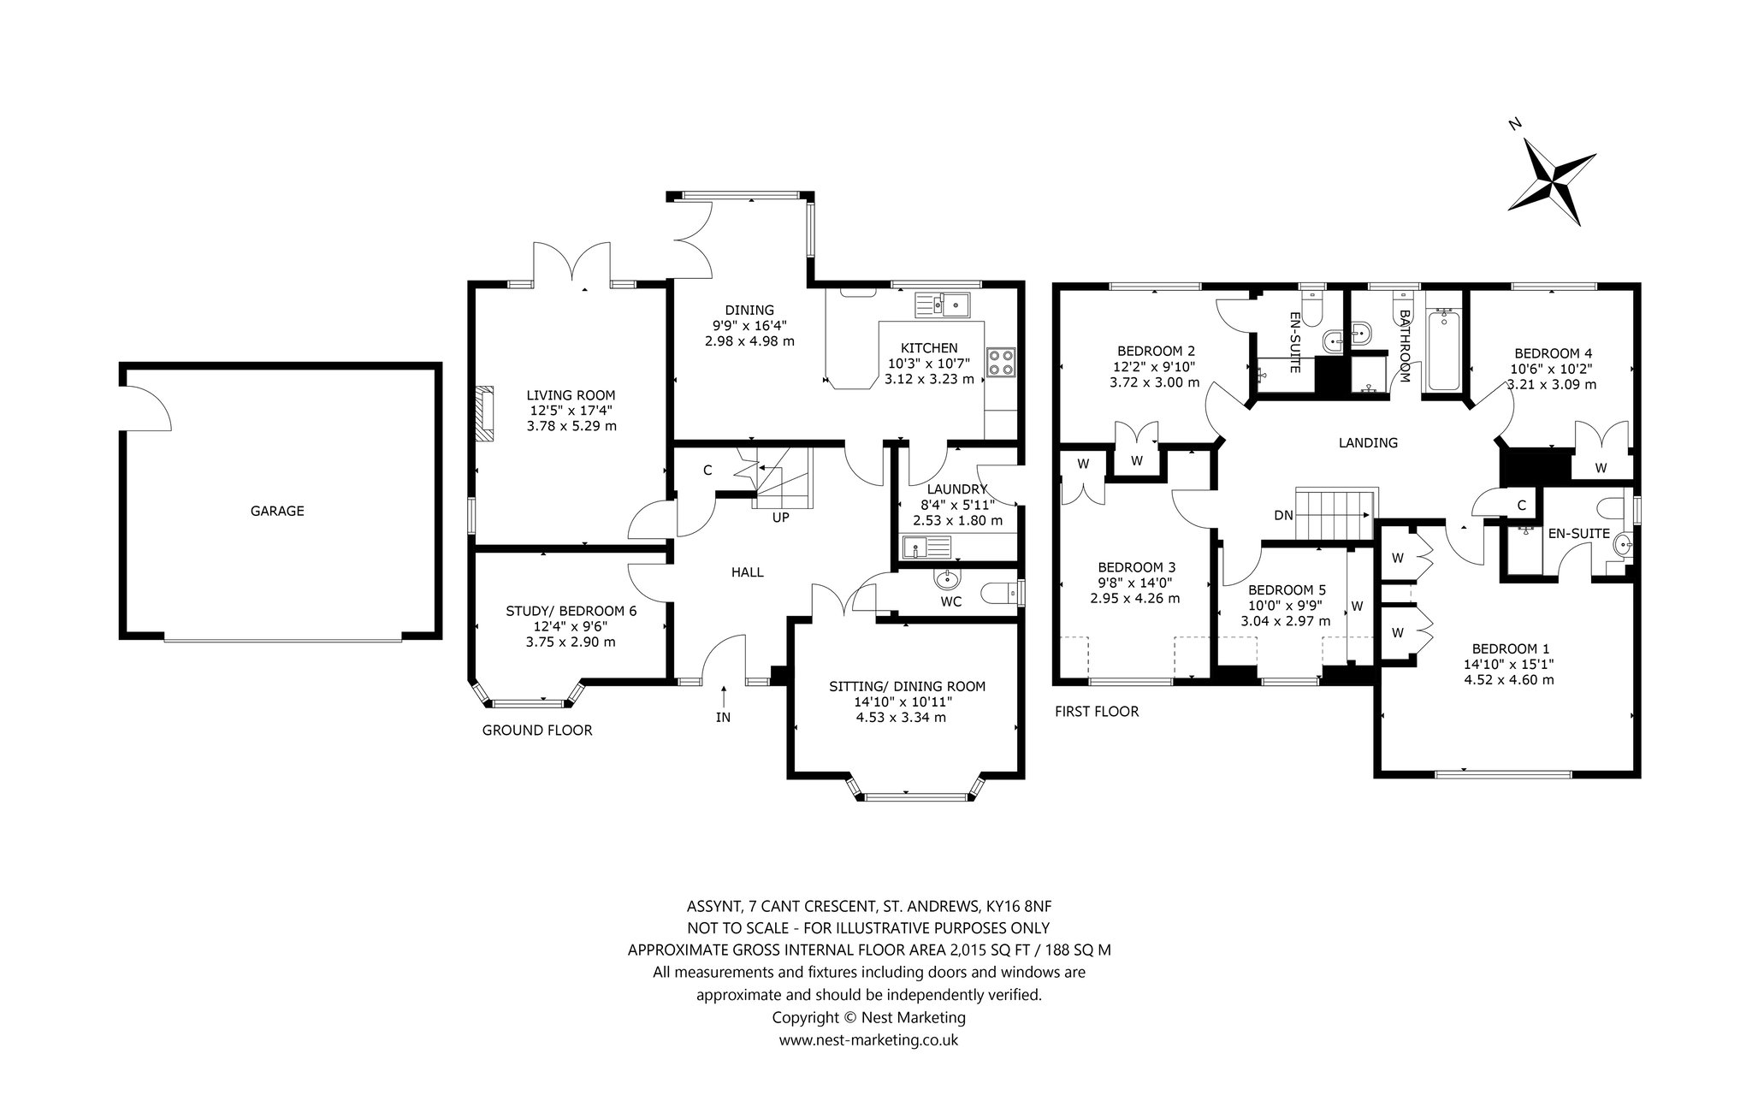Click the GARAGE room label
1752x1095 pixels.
(277, 512)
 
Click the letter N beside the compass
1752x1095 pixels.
(1515, 125)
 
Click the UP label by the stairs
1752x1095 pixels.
(780, 518)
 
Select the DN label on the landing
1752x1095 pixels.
(1283, 515)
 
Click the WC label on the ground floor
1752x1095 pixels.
(951, 601)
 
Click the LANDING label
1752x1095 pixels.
(1368, 443)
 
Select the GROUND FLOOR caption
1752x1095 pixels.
(537, 731)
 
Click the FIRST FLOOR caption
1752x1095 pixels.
(1097, 712)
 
